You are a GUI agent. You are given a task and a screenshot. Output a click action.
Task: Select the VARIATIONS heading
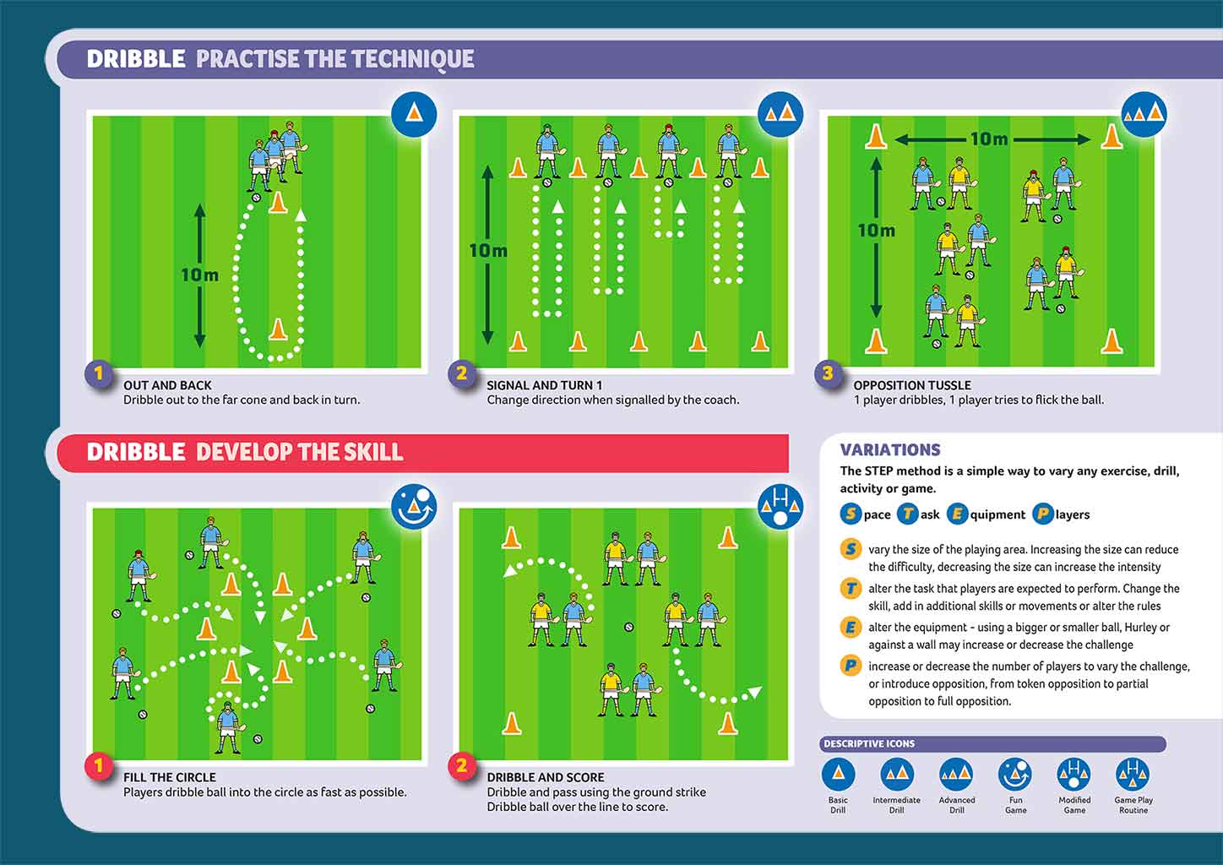click(x=890, y=450)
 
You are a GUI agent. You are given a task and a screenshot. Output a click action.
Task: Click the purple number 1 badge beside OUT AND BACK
click(x=99, y=373)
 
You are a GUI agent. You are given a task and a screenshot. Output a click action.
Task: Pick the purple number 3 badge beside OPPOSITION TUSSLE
click(x=828, y=373)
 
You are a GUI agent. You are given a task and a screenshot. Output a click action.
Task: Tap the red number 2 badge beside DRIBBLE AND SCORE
click(x=462, y=765)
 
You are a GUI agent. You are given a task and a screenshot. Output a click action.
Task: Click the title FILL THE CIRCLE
click(x=170, y=777)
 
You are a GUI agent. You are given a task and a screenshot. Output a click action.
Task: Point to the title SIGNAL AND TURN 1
click(x=544, y=385)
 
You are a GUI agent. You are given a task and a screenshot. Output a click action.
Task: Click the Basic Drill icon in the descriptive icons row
click(x=838, y=775)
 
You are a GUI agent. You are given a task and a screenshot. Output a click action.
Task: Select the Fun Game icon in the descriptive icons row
click(x=1015, y=775)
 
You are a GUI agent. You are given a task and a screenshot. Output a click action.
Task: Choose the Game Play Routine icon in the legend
click(x=1133, y=775)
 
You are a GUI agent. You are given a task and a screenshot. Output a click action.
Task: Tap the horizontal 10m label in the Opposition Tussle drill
click(x=989, y=139)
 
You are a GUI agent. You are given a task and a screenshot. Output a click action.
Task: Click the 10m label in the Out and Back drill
click(x=200, y=275)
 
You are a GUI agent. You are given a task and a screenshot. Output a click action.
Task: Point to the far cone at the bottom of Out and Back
click(x=279, y=329)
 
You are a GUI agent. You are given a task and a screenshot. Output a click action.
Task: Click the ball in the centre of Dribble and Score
click(x=629, y=627)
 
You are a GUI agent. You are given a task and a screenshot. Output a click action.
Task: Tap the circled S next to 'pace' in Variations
click(x=851, y=514)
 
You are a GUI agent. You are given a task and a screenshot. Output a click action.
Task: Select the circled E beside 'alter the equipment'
click(x=851, y=628)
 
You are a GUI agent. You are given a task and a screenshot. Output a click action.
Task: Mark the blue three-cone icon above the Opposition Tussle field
click(x=1144, y=114)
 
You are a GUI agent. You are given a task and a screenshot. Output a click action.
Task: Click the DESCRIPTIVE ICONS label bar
click(x=992, y=743)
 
